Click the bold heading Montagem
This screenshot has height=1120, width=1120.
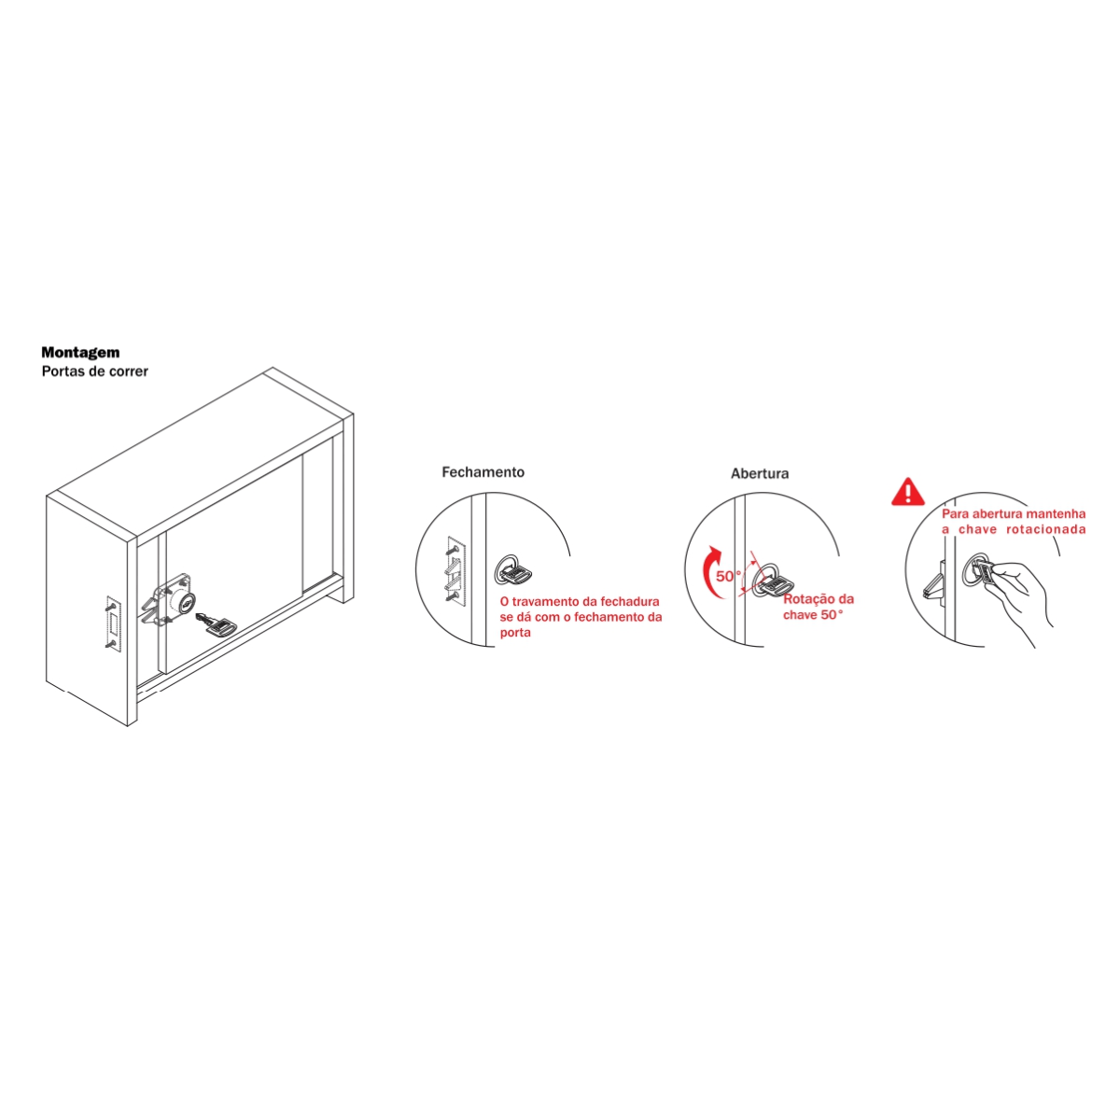(x=80, y=352)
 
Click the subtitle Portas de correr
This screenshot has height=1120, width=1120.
(x=95, y=371)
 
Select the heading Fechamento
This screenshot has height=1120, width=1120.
(x=483, y=472)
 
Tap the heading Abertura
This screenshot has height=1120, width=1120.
(x=760, y=474)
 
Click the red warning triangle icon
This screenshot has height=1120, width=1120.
(x=907, y=492)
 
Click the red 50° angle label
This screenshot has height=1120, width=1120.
(x=729, y=577)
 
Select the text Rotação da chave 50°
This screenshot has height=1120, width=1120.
(x=819, y=607)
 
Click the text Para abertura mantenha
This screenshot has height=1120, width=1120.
(x=1014, y=513)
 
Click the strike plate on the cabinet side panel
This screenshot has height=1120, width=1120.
(x=113, y=623)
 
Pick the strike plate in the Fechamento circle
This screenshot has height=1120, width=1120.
(x=455, y=568)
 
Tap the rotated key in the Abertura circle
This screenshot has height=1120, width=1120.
(x=777, y=584)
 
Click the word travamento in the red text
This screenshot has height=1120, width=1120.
(x=544, y=602)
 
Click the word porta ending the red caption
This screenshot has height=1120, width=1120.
(x=515, y=634)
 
